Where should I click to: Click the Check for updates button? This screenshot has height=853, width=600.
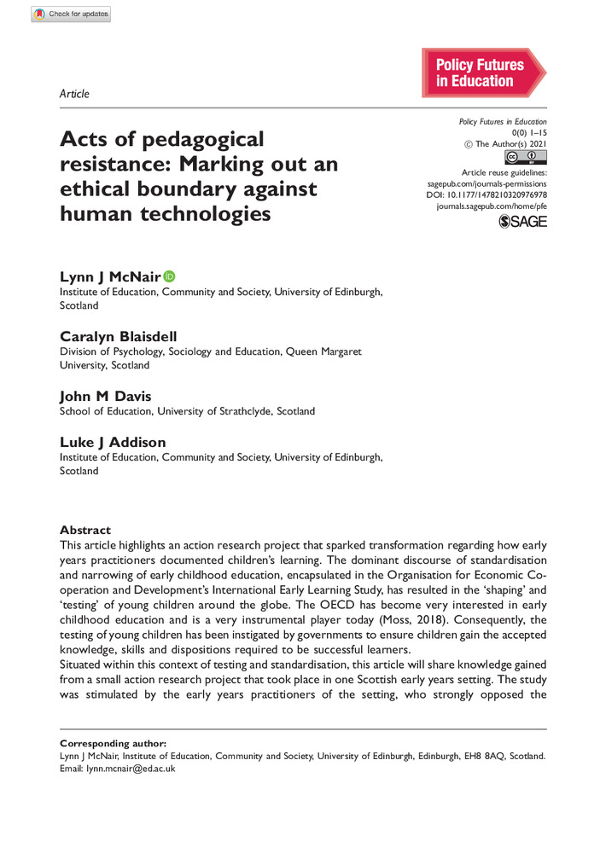click(x=71, y=14)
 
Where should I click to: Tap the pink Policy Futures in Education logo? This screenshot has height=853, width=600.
click(x=482, y=73)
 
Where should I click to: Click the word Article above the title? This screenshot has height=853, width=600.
click(x=74, y=94)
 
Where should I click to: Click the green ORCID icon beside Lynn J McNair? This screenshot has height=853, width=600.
click(x=169, y=276)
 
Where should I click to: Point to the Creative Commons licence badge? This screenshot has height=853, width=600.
click(x=525, y=157)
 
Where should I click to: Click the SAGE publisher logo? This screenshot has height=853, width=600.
click(x=521, y=221)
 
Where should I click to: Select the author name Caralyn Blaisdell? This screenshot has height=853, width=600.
click(x=118, y=335)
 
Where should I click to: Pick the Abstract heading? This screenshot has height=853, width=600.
click(x=84, y=530)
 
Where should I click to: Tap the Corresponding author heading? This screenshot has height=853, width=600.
click(x=113, y=743)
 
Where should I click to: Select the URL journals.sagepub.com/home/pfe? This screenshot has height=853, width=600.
click(x=491, y=206)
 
